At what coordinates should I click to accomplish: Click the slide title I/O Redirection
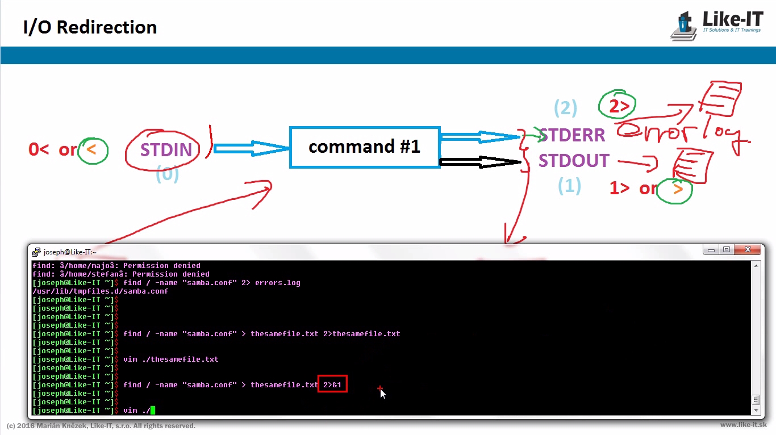90,27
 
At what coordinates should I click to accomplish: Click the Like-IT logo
716,25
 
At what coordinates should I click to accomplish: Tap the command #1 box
364,147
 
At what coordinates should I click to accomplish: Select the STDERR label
572,135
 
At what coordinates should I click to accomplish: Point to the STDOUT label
574,161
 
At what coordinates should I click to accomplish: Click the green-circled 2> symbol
617,105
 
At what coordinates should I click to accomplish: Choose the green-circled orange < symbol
93,150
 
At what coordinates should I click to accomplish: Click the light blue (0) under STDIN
167,174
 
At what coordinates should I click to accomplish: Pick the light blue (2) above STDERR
565,107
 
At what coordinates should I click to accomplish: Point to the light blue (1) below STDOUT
569,186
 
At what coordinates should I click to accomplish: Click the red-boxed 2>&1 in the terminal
332,384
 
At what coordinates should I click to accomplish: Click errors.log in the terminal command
277,282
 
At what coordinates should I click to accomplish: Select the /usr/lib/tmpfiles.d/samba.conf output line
101,291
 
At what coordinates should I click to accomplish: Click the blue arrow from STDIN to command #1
251,149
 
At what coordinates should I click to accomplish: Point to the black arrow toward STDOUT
480,162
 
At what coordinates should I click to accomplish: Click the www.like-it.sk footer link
743,425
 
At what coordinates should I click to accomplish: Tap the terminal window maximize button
726,250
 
